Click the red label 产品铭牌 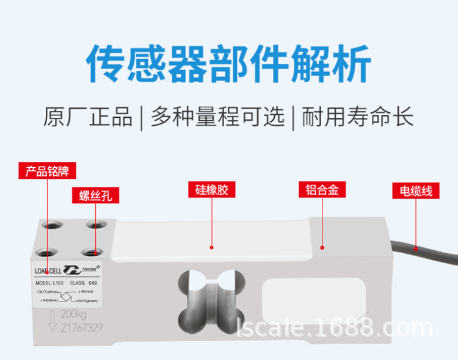(x=46, y=171)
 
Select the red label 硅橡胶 (x=211, y=190)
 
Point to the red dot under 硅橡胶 (x=211, y=248)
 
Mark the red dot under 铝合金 (x=322, y=248)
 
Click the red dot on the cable (x=415, y=249)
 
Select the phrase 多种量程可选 (x=217, y=117)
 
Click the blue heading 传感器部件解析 (x=228, y=63)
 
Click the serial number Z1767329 (x=82, y=328)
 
